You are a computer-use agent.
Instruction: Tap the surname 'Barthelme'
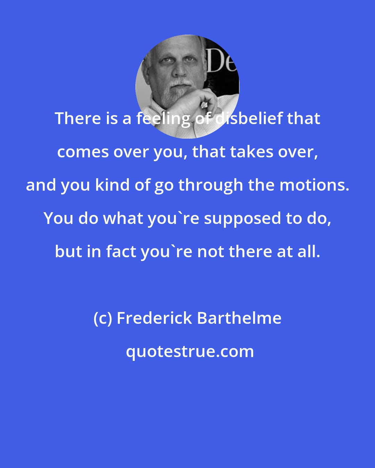point(239,318)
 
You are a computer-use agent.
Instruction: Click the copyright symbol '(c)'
point(102,318)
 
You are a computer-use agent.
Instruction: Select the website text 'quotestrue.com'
point(190,352)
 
